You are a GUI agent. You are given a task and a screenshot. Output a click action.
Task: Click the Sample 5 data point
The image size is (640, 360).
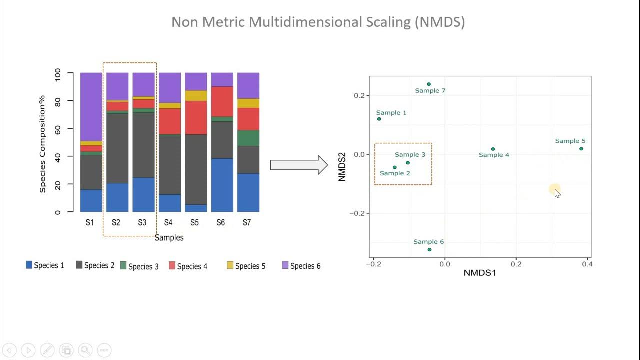pyautogui.click(x=581, y=149)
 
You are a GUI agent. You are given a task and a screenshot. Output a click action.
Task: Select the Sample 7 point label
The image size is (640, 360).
pyautogui.click(x=430, y=91)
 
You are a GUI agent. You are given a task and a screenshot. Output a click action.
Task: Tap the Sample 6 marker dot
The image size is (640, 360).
pyautogui.click(x=429, y=249)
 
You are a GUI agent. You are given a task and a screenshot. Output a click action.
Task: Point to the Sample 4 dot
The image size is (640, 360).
pyautogui.click(x=493, y=149)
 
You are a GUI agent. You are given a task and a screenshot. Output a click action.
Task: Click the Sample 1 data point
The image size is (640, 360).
pyautogui.click(x=379, y=119)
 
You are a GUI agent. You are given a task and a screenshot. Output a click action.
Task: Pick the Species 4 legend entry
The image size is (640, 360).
pyautogui.click(x=188, y=266)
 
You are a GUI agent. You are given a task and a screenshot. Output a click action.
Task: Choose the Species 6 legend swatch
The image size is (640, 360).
pyautogui.click(x=285, y=265)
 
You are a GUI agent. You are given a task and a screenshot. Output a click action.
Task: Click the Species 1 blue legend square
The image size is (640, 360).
pyautogui.click(x=29, y=265)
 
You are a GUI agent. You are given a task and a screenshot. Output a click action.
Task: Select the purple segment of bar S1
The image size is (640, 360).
pyautogui.click(x=91, y=107)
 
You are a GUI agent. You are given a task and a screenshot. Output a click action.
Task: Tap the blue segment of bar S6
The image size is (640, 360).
pyautogui.click(x=222, y=185)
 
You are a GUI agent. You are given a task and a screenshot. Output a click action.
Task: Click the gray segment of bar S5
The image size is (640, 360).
pyautogui.click(x=196, y=169)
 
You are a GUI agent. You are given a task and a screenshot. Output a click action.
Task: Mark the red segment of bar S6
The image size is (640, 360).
pyautogui.click(x=222, y=102)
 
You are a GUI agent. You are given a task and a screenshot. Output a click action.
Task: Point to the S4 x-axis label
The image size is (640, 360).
pyautogui.click(x=168, y=223)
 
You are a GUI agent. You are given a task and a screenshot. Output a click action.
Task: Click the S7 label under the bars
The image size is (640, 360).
pyautogui.click(x=247, y=223)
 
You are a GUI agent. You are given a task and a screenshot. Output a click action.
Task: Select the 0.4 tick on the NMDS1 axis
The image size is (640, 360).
pyautogui.click(x=587, y=264)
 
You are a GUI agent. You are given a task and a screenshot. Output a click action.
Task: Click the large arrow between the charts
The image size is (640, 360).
pyautogui.click(x=298, y=165)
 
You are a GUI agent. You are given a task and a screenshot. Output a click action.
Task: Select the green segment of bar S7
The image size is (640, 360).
pyautogui.click(x=248, y=138)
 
